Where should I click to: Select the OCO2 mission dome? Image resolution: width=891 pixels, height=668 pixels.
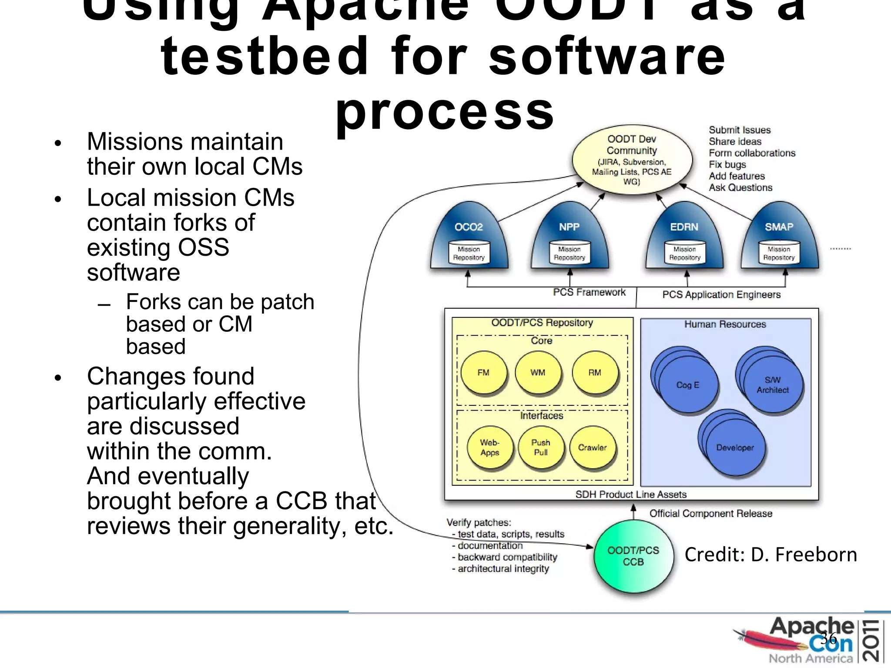tap(469, 237)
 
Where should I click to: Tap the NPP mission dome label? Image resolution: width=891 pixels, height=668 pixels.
tap(569, 227)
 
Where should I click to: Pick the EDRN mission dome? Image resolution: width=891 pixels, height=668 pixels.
tap(684, 237)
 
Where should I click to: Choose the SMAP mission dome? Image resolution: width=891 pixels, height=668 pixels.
tap(779, 237)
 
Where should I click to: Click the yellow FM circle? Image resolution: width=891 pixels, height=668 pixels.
tap(483, 373)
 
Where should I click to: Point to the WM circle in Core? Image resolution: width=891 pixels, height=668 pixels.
tap(538, 373)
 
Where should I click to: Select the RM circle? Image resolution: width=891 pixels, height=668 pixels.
tap(595, 373)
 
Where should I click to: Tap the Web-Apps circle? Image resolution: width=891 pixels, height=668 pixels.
tap(489, 448)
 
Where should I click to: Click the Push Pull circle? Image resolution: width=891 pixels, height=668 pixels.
tap(541, 448)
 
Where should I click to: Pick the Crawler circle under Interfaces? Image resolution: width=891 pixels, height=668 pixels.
tap(593, 448)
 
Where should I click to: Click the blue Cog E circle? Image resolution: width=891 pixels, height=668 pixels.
tap(687, 385)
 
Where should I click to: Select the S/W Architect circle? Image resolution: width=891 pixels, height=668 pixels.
tap(773, 385)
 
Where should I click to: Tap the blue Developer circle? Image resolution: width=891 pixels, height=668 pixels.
tap(735, 448)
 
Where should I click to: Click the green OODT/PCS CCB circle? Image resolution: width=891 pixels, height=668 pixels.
tap(633, 557)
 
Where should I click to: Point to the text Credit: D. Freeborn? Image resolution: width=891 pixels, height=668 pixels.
tap(770, 555)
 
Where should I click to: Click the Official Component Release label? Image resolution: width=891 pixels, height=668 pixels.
tap(711, 514)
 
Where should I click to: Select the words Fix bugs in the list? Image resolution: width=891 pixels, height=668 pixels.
tap(727, 164)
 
